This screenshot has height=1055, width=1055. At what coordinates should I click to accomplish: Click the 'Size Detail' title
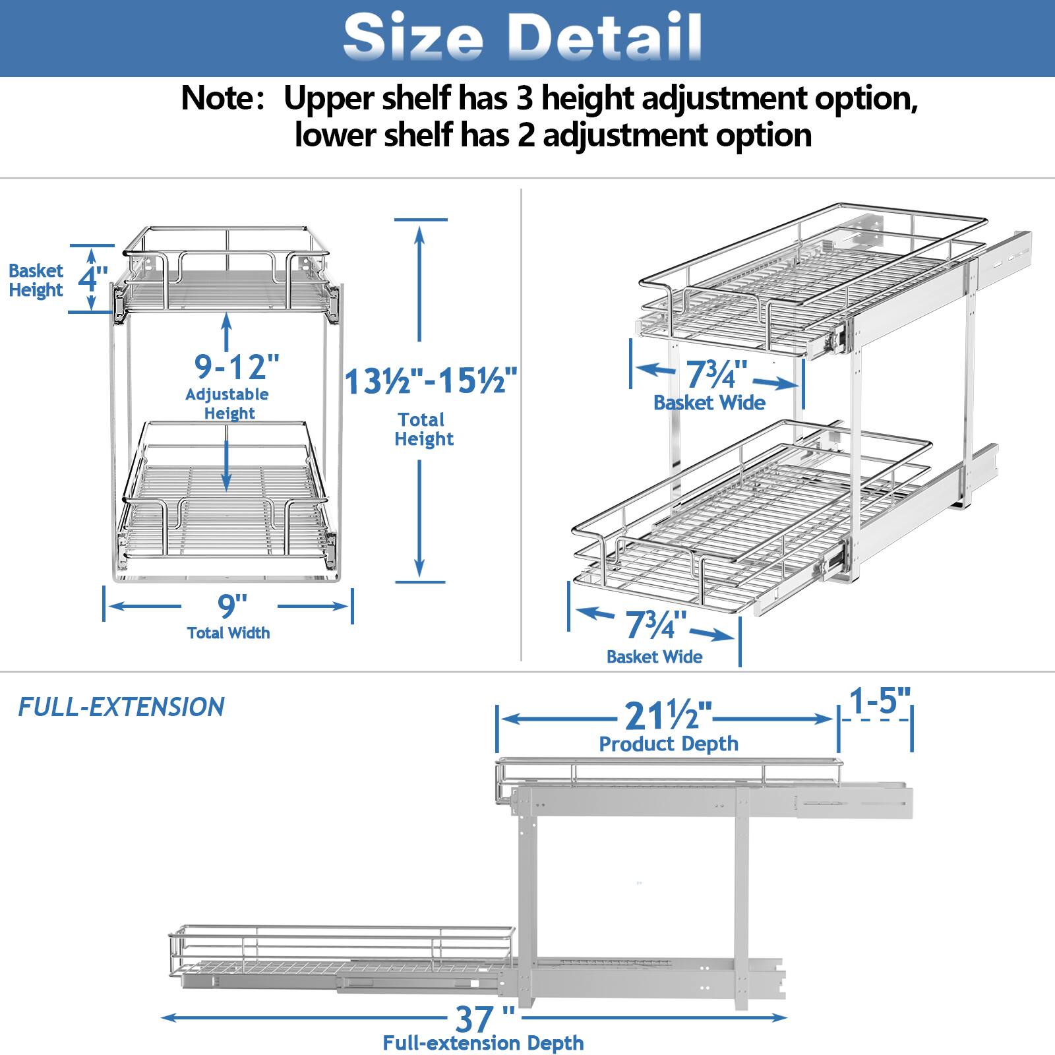coord(522,37)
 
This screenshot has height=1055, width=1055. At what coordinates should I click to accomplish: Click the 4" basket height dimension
coord(93,278)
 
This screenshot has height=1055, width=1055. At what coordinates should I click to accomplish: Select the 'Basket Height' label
coord(36,280)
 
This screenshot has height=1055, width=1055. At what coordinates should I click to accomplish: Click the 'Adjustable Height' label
coord(227,404)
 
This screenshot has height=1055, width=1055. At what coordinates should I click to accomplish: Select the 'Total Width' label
coord(228,633)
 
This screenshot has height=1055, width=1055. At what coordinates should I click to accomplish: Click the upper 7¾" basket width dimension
coord(717,375)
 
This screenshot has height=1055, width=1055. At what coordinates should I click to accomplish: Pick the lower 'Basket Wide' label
coord(654,657)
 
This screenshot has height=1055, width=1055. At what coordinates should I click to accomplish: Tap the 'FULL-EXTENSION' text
coord(121,708)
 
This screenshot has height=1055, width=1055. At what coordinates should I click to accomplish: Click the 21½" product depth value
coord(668,716)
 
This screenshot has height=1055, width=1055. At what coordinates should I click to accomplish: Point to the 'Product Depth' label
coord(668,744)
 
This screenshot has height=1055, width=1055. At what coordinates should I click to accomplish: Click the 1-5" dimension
coord(880,701)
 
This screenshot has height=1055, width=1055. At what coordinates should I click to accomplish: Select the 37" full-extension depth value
coord(484,1019)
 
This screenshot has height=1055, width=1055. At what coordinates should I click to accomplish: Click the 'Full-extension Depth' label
coord(483,1043)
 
